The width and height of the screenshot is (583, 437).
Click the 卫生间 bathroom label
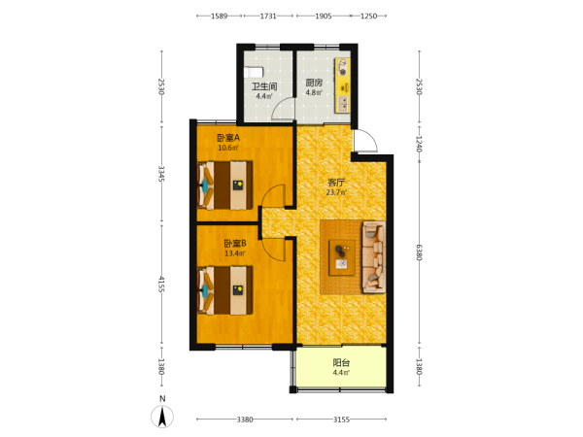(264, 86)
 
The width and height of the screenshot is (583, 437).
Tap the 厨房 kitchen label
(314, 83)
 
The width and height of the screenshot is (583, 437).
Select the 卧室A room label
(228, 138)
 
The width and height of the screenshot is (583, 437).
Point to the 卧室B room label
(234, 244)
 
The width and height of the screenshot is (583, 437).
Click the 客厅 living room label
(336, 183)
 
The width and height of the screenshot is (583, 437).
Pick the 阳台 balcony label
(341, 362)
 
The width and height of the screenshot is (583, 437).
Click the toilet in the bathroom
(254, 72)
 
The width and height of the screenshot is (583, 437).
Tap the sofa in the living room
(374, 256)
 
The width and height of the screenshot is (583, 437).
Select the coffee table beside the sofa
(342, 257)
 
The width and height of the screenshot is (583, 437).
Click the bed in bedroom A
(225, 185)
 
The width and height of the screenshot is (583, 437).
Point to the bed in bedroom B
(225, 289)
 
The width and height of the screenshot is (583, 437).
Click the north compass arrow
(162, 417)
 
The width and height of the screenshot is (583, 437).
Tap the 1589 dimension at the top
(219, 16)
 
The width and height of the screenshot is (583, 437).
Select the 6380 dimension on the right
(420, 252)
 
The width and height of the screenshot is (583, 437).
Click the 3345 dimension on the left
(161, 174)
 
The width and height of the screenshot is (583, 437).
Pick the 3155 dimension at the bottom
(341, 420)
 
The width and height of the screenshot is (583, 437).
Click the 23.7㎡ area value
(336, 192)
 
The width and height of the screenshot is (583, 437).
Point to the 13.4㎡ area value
(234, 253)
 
